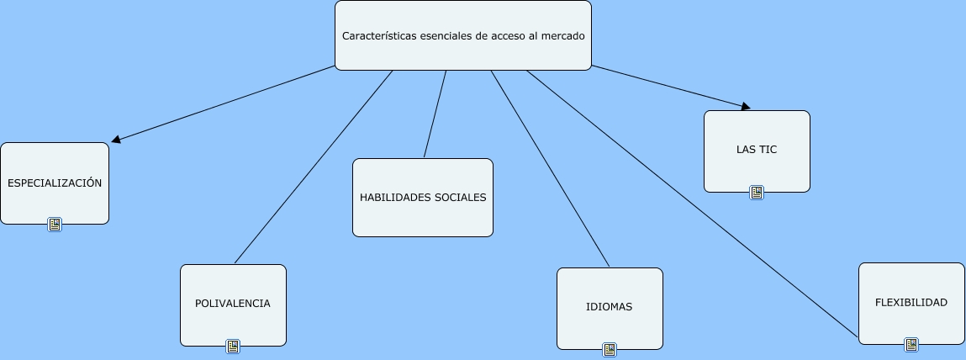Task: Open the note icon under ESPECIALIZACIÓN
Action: (55, 225)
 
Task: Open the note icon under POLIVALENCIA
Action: (233, 346)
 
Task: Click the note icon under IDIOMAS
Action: (610, 349)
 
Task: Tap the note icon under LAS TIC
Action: (757, 193)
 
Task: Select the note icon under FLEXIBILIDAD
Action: (911, 344)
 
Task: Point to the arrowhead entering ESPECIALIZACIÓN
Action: (116, 140)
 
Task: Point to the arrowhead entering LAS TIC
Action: (745, 107)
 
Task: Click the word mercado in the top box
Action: (562, 36)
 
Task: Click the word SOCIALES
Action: (462, 198)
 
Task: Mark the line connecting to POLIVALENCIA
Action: (313, 167)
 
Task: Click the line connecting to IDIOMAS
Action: (551, 168)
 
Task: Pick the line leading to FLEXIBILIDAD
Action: (689, 202)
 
